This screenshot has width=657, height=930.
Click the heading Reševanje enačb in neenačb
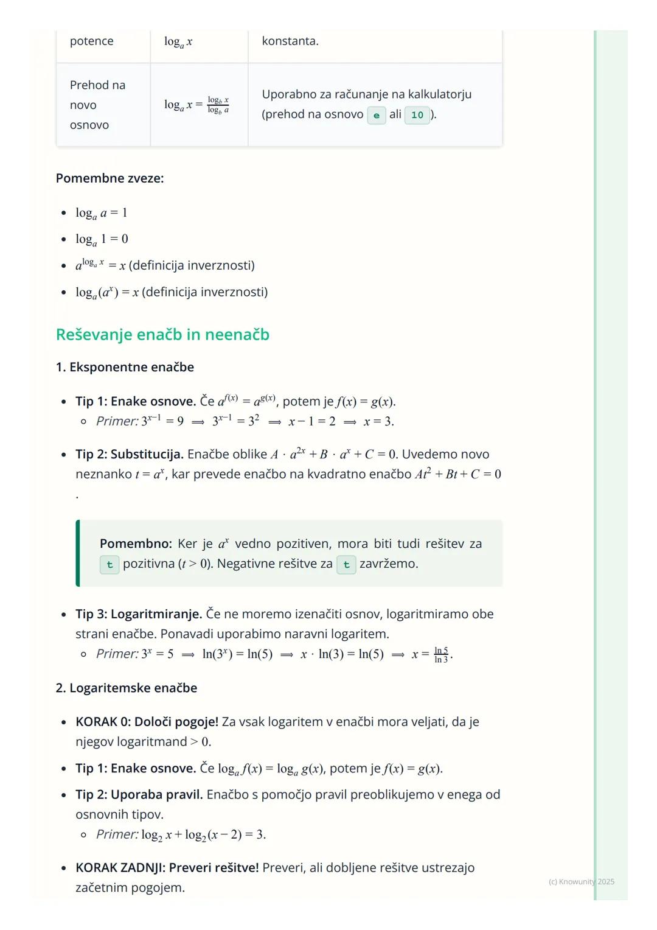point(162,335)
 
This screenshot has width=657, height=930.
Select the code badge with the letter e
point(377,115)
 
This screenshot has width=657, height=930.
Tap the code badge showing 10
point(417,115)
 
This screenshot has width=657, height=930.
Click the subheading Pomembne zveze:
point(109,178)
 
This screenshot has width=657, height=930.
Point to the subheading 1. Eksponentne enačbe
point(125,367)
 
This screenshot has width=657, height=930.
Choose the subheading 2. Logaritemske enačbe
point(127,688)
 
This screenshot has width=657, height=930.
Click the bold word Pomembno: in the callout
point(136,544)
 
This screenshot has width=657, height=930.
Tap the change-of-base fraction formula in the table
point(196,105)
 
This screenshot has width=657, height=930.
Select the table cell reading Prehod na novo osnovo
point(97,105)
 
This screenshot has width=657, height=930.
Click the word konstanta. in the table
point(290,41)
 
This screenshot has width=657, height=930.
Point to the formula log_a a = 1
point(102,213)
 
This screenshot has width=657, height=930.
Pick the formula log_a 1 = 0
point(102,239)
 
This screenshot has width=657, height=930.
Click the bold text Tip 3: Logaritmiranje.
point(139,614)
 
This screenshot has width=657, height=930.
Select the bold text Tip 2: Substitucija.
point(129,454)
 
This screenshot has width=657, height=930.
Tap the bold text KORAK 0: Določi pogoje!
point(147,722)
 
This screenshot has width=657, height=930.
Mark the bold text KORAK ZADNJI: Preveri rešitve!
point(167,867)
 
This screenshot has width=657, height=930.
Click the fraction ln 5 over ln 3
point(441,655)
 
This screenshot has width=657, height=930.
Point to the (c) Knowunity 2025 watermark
point(581,881)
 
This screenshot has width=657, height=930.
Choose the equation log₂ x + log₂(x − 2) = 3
point(204,834)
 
